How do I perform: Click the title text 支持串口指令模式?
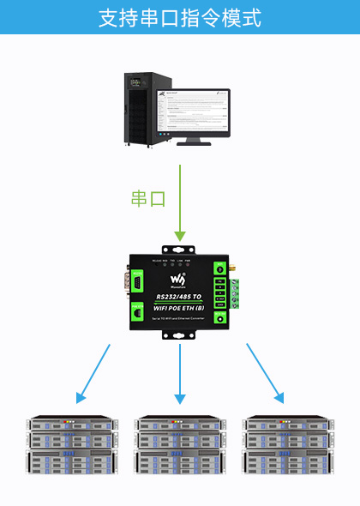coord(180,18)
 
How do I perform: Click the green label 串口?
coord(147,198)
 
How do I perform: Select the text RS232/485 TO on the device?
coord(179,295)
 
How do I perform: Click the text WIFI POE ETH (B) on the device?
coord(179,306)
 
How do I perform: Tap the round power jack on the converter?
coord(220,319)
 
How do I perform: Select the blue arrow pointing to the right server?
coord(265,374)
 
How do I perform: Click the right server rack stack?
coord(287,445)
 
